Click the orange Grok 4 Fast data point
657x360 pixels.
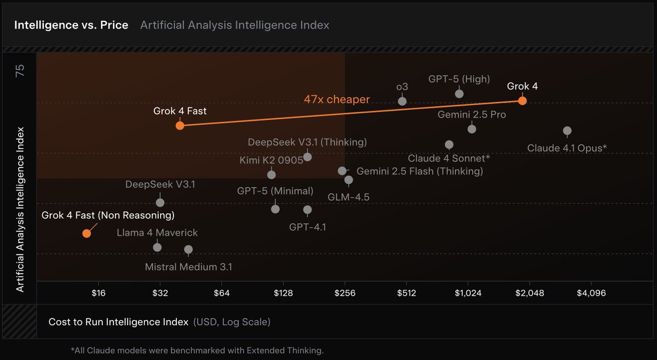(180, 125)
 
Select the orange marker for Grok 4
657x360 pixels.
(522, 101)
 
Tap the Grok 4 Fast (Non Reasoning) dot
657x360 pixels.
(87, 234)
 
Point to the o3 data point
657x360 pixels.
(402, 101)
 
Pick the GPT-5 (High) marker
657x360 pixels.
(459, 94)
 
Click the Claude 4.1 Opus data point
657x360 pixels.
(567, 131)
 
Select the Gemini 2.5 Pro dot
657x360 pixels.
(472, 129)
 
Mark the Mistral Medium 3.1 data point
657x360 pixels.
(188, 249)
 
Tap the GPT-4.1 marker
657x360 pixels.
(307, 210)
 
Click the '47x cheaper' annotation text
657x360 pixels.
(337, 100)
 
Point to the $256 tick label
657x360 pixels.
(345, 293)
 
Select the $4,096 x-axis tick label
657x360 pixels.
(591, 293)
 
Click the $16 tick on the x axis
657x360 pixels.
(98, 293)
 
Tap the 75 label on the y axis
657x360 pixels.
(20, 71)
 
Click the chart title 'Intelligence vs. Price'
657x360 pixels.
(71, 25)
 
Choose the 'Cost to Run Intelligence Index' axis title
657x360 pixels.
(118, 322)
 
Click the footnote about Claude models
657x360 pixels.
(197, 350)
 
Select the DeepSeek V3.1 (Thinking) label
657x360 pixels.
(307, 142)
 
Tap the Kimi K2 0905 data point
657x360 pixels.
(271, 175)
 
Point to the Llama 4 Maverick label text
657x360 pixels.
(157, 233)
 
